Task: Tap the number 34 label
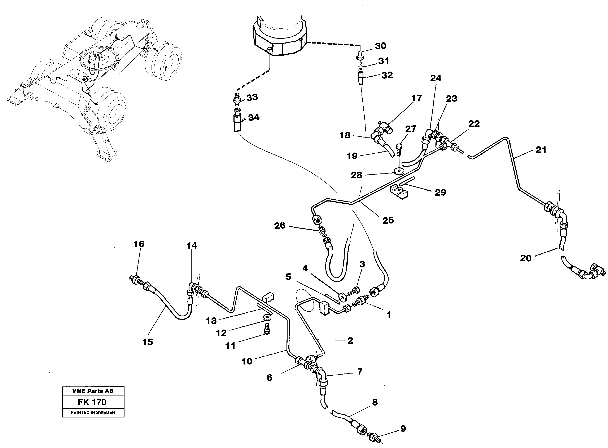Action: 254,117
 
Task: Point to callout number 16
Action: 139,244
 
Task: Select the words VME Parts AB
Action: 93,391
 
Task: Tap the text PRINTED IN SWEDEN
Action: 93,412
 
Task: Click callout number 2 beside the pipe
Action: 350,341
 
